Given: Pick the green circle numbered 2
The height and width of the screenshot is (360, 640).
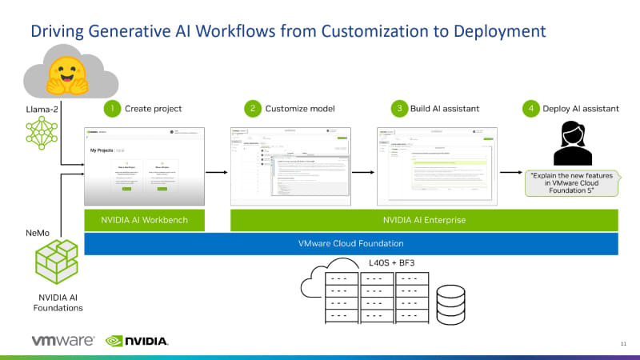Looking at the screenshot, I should pos(253,108).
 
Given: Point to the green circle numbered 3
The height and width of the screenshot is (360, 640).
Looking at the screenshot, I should pos(398,108).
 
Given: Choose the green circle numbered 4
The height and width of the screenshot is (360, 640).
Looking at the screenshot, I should pos(530,108).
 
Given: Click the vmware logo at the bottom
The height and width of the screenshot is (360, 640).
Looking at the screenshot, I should pos(63,341).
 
